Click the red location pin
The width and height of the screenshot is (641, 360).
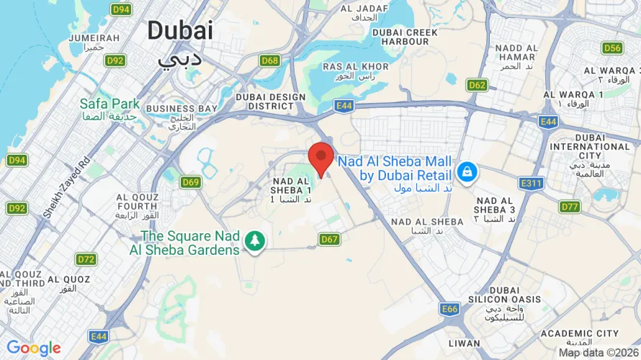point(320,158)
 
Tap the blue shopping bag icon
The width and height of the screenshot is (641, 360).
point(467,172)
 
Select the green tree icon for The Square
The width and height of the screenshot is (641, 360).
point(254,242)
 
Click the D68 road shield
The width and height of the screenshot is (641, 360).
point(270,60)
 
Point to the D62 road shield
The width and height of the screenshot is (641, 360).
point(477,85)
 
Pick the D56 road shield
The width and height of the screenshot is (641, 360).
point(612,48)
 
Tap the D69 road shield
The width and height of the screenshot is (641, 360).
point(190,182)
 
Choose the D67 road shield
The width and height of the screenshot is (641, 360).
point(329,239)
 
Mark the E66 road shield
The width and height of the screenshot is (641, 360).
point(450,309)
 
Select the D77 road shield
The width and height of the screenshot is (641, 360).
point(570,207)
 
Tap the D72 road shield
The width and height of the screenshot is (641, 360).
point(86,258)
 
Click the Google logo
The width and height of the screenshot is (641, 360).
point(33,348)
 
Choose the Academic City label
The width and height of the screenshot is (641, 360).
point(579,333)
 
